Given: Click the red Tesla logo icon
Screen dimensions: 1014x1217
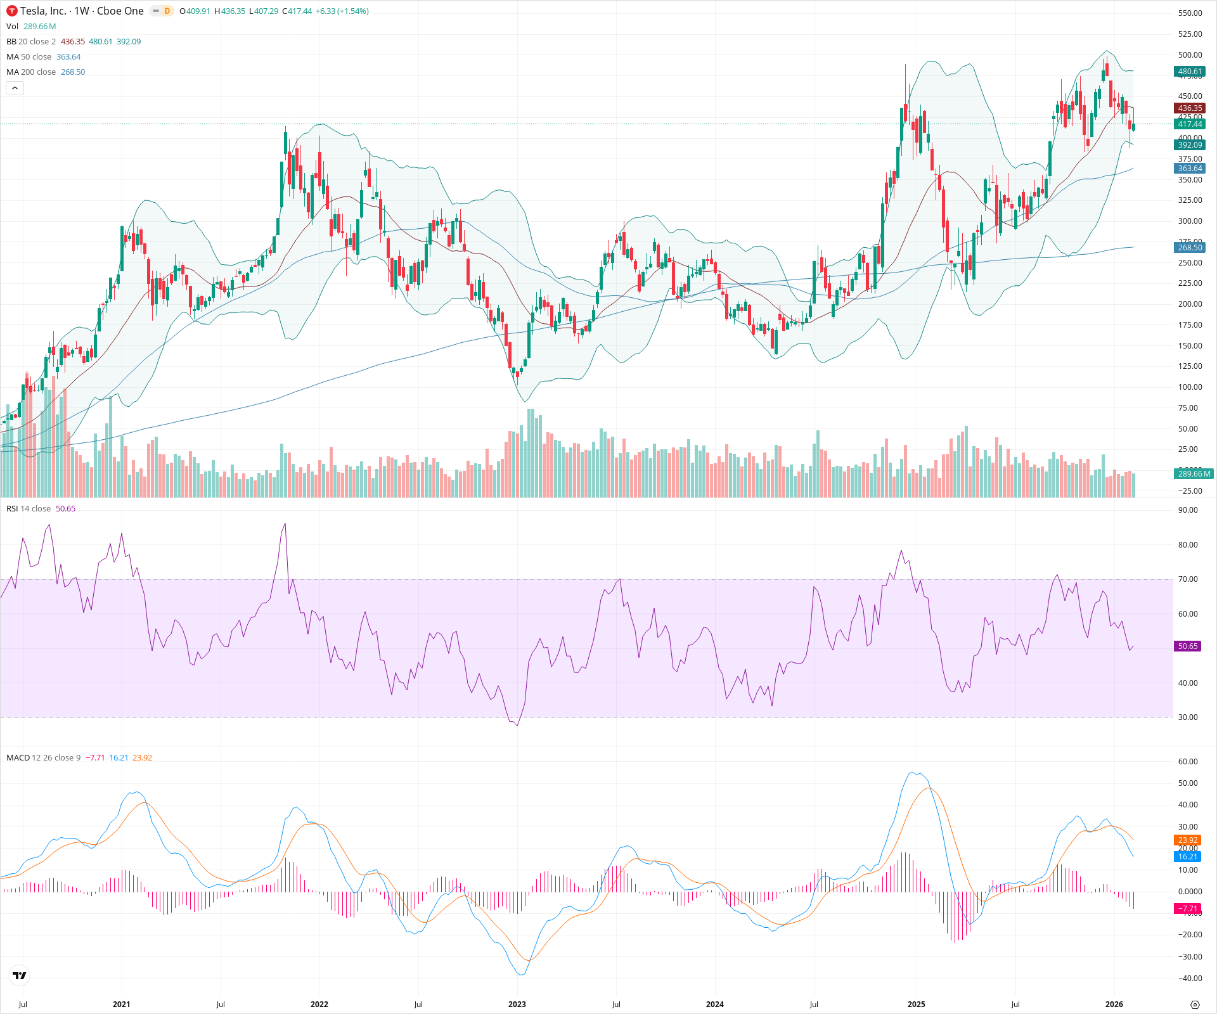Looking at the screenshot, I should pos(12,11).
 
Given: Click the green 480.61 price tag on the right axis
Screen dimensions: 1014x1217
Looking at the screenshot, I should pos(1189,72).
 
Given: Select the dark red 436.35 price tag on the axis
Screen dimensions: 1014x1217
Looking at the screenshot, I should pos(1189,108).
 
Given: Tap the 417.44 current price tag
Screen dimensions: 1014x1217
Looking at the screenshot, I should pos(1189,124).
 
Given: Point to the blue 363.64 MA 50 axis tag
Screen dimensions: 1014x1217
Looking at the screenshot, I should pos(1189,169).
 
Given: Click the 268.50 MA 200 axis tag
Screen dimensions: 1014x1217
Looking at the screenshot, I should pos(1189,248).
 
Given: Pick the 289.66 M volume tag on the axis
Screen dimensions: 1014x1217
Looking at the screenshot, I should pos(1194,474).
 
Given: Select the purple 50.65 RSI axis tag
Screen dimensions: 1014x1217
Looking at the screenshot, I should pos(1187,646).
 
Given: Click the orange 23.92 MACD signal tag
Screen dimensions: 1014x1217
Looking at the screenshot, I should pos(1187,840).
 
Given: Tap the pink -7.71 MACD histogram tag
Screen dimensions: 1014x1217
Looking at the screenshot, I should pos(1187,909).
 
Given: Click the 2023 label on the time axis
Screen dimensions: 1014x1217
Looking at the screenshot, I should pos(517,1004).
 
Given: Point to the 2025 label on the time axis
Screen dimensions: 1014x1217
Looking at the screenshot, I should pos(916,1004).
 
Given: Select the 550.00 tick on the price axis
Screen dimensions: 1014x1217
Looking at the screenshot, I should pos(1190,13).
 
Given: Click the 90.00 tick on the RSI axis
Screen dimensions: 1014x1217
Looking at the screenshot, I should pos(1187,510).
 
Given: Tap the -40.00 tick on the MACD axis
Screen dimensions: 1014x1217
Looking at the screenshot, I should pos(1189,979).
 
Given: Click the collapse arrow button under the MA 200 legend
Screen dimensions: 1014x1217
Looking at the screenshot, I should pos(15,88).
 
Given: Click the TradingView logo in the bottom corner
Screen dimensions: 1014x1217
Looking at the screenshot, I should pos(20,976).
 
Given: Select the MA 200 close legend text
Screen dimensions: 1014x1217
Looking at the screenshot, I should pos(31,72).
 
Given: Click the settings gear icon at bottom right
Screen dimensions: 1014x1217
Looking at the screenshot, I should pos(1195,1004).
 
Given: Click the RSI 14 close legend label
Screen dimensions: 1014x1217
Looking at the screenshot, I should pos(29,509).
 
